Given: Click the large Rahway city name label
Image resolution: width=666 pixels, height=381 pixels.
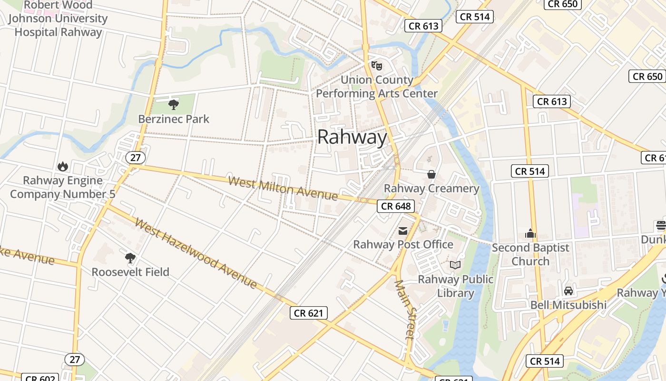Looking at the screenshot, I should pyautogui.click(x=352, y=137).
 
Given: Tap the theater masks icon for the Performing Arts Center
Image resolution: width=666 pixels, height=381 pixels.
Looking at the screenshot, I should pyautogui.click(x=377, y=65).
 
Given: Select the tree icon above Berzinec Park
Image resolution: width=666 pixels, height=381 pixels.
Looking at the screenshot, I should pyautogui.click(x=174, y=104).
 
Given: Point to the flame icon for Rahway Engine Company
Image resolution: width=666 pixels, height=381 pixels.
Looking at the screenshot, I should pyautogui.click(x=62, y=166).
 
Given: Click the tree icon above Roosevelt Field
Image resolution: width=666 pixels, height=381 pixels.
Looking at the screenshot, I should pyautogui.click(x=130, y=258).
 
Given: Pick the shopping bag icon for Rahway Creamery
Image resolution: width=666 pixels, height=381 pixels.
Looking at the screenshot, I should pyautogui.click(x=431, y=174).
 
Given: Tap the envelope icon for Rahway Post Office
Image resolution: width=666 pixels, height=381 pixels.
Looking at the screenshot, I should pyautogui.click(x=403, y=231).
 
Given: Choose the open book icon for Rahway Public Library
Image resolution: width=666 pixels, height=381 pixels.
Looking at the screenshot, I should pyautogui.click(x=455, y=265).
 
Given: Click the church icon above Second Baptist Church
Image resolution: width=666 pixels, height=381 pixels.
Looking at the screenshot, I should pyautogui.click(x=530, y=233).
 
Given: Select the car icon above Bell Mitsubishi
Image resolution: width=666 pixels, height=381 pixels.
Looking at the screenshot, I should pyautogui.click(x=568, y=291).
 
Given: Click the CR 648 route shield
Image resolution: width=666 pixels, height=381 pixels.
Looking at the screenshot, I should pyautogui.click(x=396, y=206).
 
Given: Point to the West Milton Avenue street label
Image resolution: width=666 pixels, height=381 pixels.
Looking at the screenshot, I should pyautogui.click(x=283, y=188).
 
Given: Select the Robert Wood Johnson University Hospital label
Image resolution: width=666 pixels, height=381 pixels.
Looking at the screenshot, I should pyautogui.click(x=58, y=19).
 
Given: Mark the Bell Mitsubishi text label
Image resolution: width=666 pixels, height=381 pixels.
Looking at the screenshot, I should pyautogui.click(x=568, y=305).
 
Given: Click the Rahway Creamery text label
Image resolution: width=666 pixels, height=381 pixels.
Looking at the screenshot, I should pyautogui.click(x=431, y=189).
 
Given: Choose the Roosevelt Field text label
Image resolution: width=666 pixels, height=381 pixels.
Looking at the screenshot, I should pyautogui.click(x=130, y=272).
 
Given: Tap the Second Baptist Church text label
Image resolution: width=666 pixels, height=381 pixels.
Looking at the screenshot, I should pyautogui.click(x=530, y=254).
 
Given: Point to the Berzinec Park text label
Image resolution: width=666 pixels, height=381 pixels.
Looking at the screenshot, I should pyautogui.click(x=174, y=119).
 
